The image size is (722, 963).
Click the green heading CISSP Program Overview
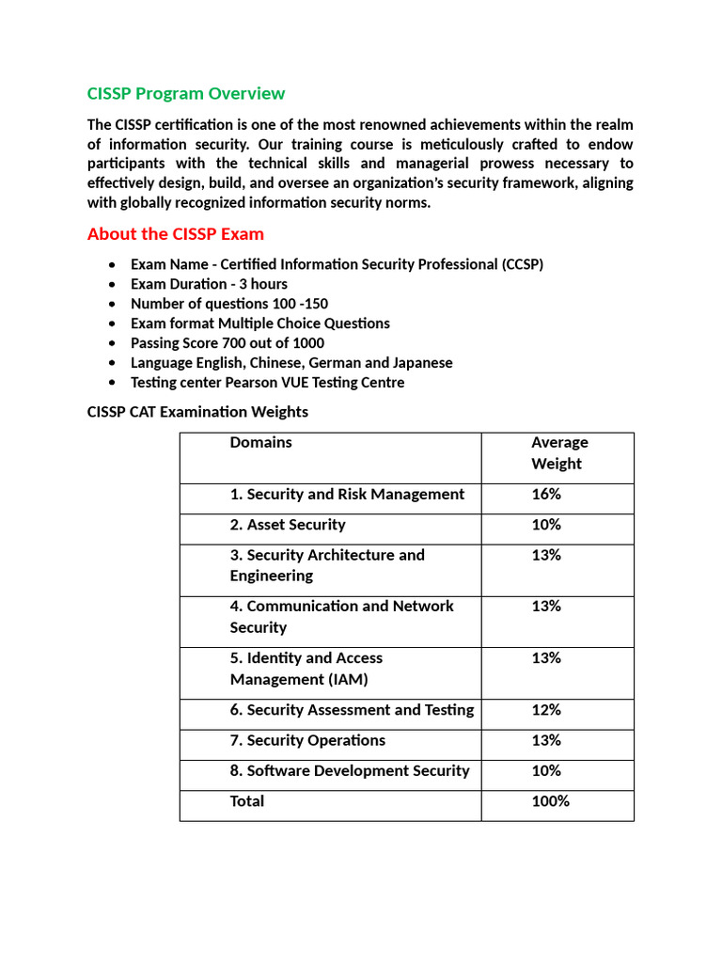pyautogui.click(x=185, y=93)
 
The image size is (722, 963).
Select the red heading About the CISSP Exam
pyautogui.click(x=175, y=233)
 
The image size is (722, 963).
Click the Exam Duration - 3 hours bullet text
pyautogui.click(x=209, y=284)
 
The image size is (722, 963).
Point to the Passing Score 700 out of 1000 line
pyautogui.click(x=227, y=343)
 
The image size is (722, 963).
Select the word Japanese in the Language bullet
pyautogui.click(x=420, y=363)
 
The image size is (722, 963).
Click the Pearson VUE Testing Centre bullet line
pyautogui.click(x=267, y=383)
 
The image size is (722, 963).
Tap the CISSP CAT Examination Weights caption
pyautogui.click(x=197, y=412)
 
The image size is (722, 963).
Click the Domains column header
pyautogui.click(x=260, y=443)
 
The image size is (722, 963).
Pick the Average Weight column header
pyautogui.click(x=558, y=453)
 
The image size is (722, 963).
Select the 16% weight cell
pyautogui.click(x=546, y=495)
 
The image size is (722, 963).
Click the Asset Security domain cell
pyautogui.click(x=288, y=525)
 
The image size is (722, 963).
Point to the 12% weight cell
pyautogui.click(x=546, y=710)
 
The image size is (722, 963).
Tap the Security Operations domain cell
pyautogui.click(x=307, y=740)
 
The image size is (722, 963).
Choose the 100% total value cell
pyautogui.click(x=550, y=801)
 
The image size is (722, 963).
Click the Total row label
pyautogui.click(x=247, y=801)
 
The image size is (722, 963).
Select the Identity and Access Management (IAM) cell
pyautogui.click(x=306, y=669)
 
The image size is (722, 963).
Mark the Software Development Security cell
pyautogui.click(x=349, y=771)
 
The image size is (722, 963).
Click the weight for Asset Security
pyautogui.click(x=546, y=525)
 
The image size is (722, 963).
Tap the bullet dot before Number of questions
pyautogui.click(x=113, y=305)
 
